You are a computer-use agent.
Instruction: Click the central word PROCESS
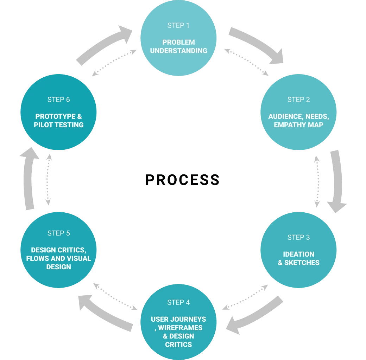click(183, 180)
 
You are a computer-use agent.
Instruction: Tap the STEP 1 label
click(178, 25)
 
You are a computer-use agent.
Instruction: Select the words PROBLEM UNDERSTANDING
click(178, 46)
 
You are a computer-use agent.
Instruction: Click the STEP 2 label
click(298, 99)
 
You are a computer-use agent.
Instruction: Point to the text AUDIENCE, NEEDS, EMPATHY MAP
click(298, 121)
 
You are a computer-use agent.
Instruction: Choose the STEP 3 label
click(298, 237)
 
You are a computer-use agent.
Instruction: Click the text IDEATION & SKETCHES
click(298, 258)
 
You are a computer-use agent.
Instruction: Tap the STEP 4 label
click(178, 302)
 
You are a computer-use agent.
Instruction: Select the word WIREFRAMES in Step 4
click(180, 328)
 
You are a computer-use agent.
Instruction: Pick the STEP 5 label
click(58, 233)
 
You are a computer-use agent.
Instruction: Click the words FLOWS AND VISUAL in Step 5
click(58, 258)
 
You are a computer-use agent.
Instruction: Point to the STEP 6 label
click(58, 99)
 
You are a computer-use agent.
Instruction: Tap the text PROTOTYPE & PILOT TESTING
click(58, 121)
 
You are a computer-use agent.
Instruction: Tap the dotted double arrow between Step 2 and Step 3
click(317, 181)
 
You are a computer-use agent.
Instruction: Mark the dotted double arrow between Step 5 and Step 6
click(48, 179)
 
